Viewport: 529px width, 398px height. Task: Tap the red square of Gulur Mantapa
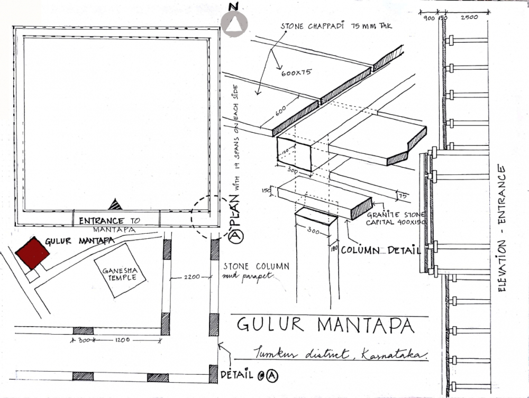[x=32, y=252]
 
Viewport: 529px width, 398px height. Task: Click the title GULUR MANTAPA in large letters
[x=325, y=325]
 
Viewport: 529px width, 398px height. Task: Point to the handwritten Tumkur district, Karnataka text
[x=339, y=353]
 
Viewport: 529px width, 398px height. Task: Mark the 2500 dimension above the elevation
[x=469, y=17]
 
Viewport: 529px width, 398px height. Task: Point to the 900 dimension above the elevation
[x=430, y=17]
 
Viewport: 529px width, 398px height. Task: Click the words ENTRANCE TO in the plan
[x=102, y=221]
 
